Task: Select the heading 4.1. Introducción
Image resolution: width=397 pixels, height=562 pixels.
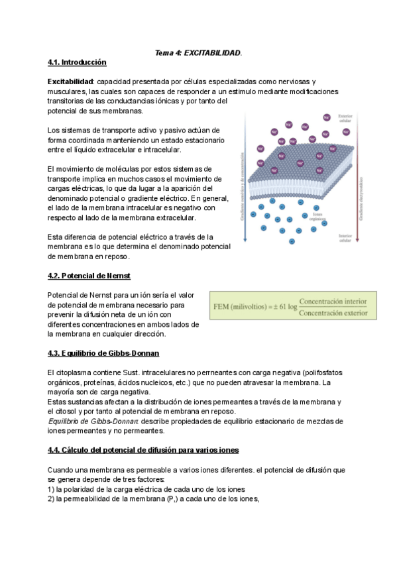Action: click(77, 62)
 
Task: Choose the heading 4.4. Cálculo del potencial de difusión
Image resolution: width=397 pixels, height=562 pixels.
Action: click(143, 450)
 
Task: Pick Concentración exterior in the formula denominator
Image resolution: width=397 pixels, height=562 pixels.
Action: click(333, 313)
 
